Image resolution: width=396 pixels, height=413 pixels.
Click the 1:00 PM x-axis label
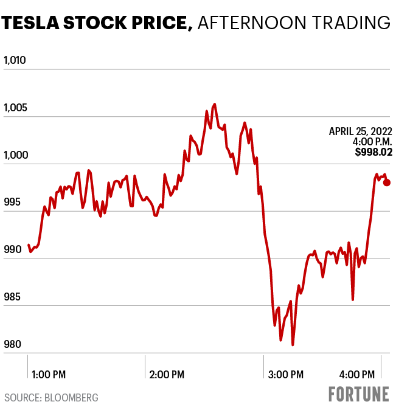click(49, 373)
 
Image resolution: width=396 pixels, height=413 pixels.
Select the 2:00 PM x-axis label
click(167, 373)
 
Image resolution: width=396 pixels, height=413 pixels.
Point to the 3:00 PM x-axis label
click(285, 373)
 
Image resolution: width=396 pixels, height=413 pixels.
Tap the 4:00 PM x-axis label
click(356, 373)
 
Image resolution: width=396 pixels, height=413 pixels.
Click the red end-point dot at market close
click(387, 182)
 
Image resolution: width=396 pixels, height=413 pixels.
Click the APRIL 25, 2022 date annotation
click(360, 131)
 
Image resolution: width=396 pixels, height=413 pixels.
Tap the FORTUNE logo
click(359, 394)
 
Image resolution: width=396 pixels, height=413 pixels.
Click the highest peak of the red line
click(214, 105)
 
